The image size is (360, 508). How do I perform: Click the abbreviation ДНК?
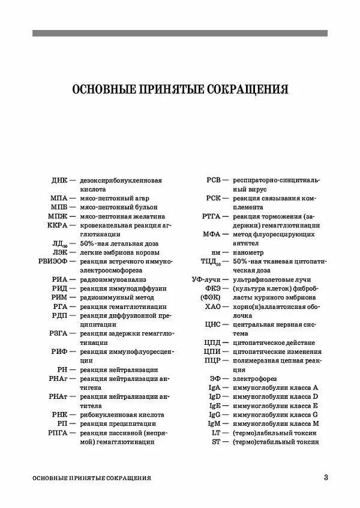(x=60, y=180)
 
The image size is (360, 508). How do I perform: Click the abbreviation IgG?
(x=215, y=414)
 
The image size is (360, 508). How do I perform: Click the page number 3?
(x=325, y=477)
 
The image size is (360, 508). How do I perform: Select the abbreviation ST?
(x=217, y=441)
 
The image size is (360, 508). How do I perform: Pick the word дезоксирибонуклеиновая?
(x=121, y=180)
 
